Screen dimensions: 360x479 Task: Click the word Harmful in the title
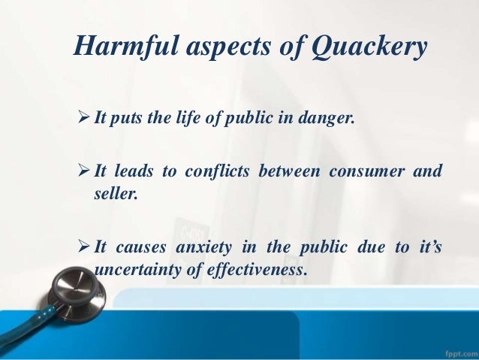tap(124, 48)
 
